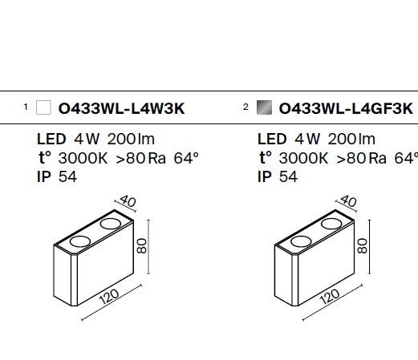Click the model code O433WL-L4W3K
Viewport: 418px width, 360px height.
coord(121,109)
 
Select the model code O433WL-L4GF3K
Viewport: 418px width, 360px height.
coord(346,109)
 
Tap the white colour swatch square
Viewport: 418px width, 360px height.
coord(43,107)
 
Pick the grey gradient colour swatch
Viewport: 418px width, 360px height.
coord(264,107)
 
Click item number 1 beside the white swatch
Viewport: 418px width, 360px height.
coord(26,107)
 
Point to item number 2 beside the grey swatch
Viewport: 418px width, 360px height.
coord(246,107)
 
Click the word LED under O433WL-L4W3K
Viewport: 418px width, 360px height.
coord(51,140)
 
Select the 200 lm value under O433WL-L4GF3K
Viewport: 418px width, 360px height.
coord(351,140)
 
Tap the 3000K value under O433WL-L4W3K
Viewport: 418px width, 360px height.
coord(83,158)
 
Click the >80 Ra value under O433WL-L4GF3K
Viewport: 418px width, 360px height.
coord(361,158)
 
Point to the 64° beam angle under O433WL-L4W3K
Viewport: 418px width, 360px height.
coord(186,158)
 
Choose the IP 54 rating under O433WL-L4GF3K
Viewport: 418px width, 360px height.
coord(278,177)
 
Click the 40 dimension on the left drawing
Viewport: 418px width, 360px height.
coord(128,201)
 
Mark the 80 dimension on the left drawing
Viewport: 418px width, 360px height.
coord(142,246)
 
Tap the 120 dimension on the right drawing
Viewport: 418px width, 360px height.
coord(329,297)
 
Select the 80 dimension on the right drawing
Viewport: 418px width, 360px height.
coord(363,246)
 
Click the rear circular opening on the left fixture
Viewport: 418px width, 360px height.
coord(111,224)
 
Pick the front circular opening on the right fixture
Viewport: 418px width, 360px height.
coord(301,241)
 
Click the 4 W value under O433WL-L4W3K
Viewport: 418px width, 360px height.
coord(87,140)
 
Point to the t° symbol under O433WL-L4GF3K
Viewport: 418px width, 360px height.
coord(266,157)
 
